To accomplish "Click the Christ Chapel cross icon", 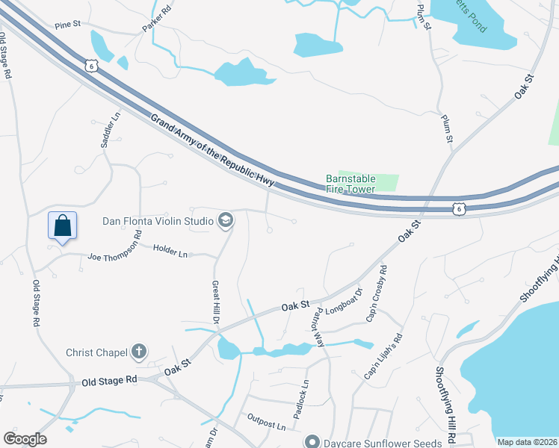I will point(138,351).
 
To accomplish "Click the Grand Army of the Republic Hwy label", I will point(213,151).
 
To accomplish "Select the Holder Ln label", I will point(171,249).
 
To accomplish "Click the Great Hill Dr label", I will point(215,302).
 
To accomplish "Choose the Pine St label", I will point(67,25).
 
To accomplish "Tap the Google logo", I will point(25,439).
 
